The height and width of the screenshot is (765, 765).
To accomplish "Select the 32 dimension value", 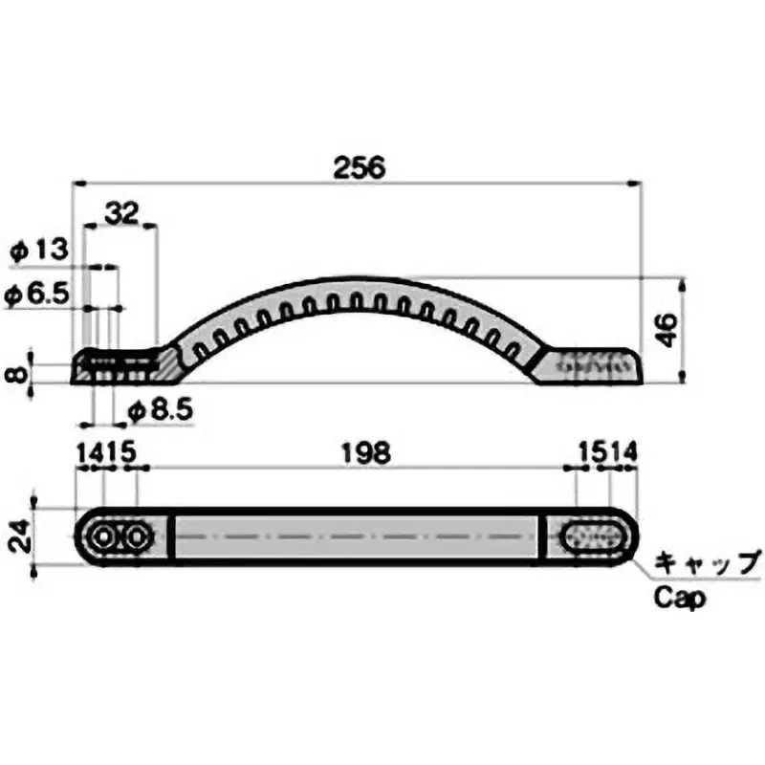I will tap(121, 213).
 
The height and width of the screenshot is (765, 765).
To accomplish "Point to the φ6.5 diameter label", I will tap(38, 294).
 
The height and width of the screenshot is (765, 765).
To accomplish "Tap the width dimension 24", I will tap(16, 535).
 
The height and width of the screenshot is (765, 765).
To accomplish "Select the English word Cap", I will tap(680, 598).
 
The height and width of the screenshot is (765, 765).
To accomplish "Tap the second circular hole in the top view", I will tap(137, 537).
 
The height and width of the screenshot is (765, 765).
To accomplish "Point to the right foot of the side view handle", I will tap(588, 366).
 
